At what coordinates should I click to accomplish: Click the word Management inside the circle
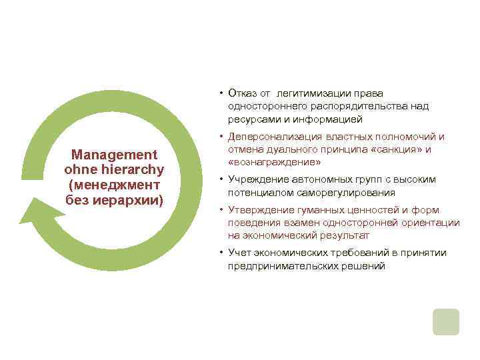point(114,155)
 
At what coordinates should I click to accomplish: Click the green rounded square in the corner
point(445,321)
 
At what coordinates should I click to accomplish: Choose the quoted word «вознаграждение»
point(274,163)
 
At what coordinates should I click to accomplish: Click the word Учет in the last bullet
point(238,253)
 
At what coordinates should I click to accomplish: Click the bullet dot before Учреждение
point(221,179)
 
